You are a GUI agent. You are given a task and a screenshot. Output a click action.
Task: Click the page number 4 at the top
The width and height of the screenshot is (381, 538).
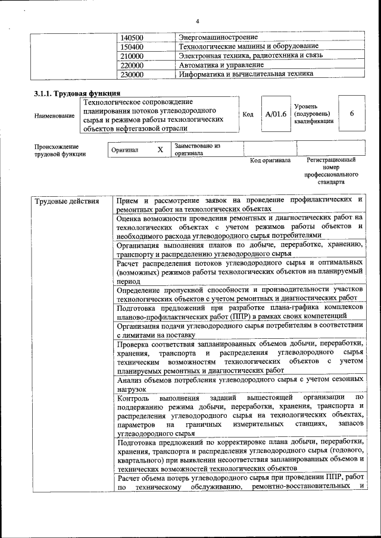197,21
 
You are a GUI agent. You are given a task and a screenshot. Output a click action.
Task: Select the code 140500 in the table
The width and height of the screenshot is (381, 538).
132,37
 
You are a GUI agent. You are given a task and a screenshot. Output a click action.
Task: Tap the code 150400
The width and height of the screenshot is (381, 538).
132,46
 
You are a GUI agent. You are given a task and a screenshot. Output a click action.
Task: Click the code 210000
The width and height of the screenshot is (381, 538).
132,56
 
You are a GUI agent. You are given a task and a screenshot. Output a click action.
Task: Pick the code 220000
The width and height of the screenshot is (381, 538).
132,65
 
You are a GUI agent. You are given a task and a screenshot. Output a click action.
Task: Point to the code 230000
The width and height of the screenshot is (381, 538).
132,75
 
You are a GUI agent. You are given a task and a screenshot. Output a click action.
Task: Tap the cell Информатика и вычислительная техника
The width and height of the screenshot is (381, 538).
245,74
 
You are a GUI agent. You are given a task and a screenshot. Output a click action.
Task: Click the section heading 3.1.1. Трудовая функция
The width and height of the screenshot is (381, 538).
77,93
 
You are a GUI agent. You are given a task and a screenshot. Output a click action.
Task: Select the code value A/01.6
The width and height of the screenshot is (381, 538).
276,114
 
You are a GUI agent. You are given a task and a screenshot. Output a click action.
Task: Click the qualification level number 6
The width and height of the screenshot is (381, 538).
352,113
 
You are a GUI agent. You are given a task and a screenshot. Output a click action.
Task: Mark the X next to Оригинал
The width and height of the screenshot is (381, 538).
160,150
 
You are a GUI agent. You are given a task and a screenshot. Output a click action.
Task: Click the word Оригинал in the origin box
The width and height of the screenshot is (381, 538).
124,150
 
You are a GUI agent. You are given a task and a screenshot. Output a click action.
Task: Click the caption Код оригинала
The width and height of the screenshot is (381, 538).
270,161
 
